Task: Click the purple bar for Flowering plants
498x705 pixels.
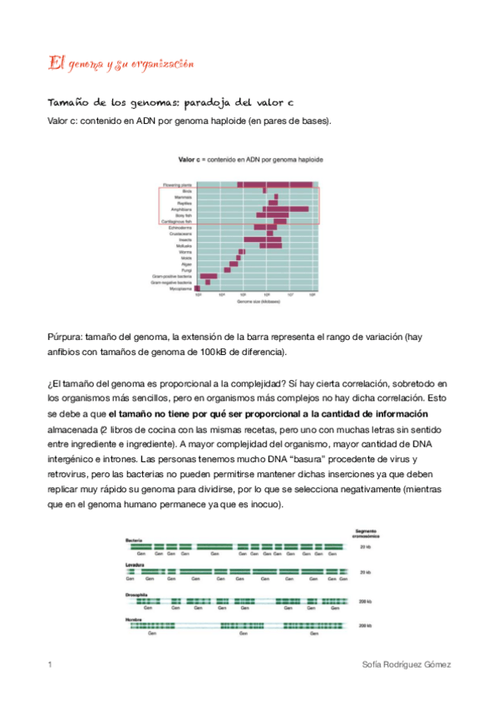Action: coord(275,184)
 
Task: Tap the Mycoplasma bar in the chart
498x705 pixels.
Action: coord(198,288)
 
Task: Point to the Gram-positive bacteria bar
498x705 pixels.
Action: coord(209,275)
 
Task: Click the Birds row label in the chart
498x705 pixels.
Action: coord(187,190)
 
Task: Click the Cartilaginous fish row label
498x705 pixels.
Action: coord(179,222)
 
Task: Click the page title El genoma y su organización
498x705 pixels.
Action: coord(121,63)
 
